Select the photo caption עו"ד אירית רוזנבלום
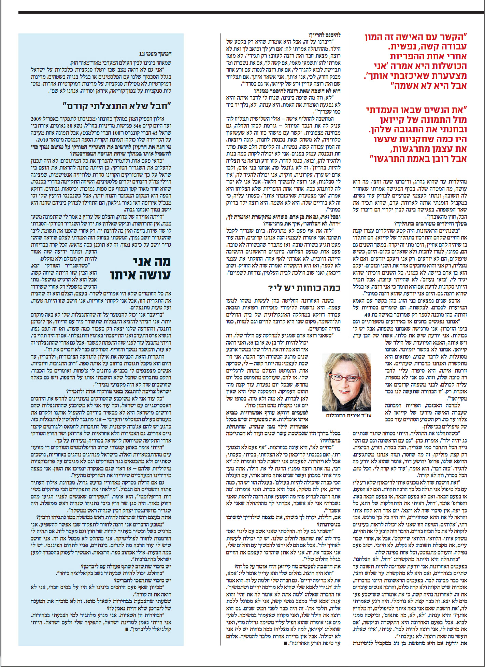click(x=348, y=416)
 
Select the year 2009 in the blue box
click(x=36, y=119)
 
